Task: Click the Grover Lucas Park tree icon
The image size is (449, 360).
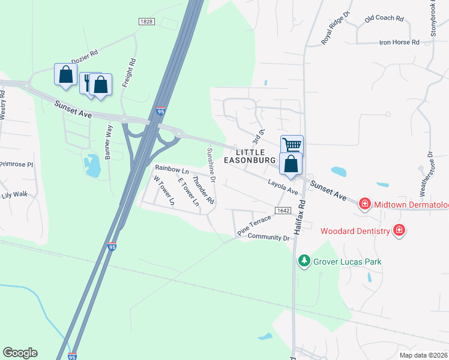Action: click(304, 261)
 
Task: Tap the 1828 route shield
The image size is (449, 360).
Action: click(146, 21)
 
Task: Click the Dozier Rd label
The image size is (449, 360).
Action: click(84, 58)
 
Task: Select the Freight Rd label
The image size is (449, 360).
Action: click(127, 73)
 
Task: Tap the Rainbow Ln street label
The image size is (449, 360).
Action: click(172, 170)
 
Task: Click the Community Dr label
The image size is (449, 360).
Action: click(269, 238)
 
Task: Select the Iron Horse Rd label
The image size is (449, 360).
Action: click(399, 43)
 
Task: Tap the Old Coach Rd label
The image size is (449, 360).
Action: click(384, 19)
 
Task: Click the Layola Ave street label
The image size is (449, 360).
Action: click(283, 187)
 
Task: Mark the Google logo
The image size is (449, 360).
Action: click(20, 353)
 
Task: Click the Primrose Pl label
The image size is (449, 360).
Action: click(16, 164)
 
